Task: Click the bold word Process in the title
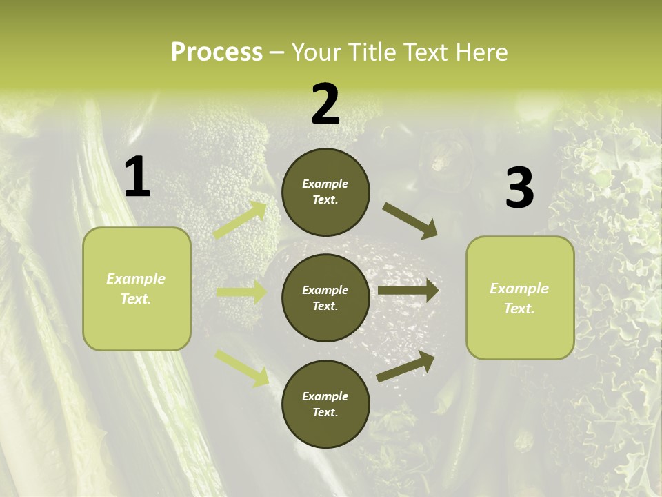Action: [217, 52]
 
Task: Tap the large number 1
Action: [137, 177]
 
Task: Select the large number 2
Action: [325, 104]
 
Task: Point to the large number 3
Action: [519, 188]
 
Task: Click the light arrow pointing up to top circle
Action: [241, 220]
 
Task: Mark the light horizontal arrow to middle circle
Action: [241, 292]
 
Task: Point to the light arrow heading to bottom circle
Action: [241, 367]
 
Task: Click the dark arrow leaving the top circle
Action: [410, 221]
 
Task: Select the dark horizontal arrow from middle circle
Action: [408, 291]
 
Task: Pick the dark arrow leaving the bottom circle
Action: [406, 366]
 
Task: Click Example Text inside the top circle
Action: [325, 192]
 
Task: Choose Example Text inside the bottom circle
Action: [325, 405]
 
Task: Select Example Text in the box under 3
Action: [519, 298]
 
